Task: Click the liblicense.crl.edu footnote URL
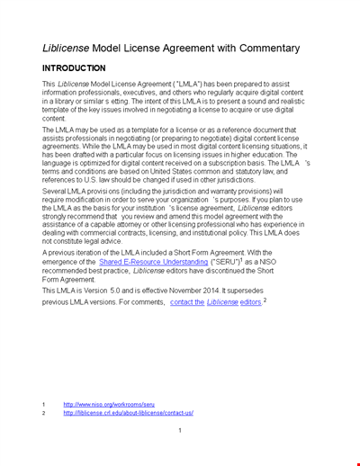point(128,413)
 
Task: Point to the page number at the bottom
point(180,431)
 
